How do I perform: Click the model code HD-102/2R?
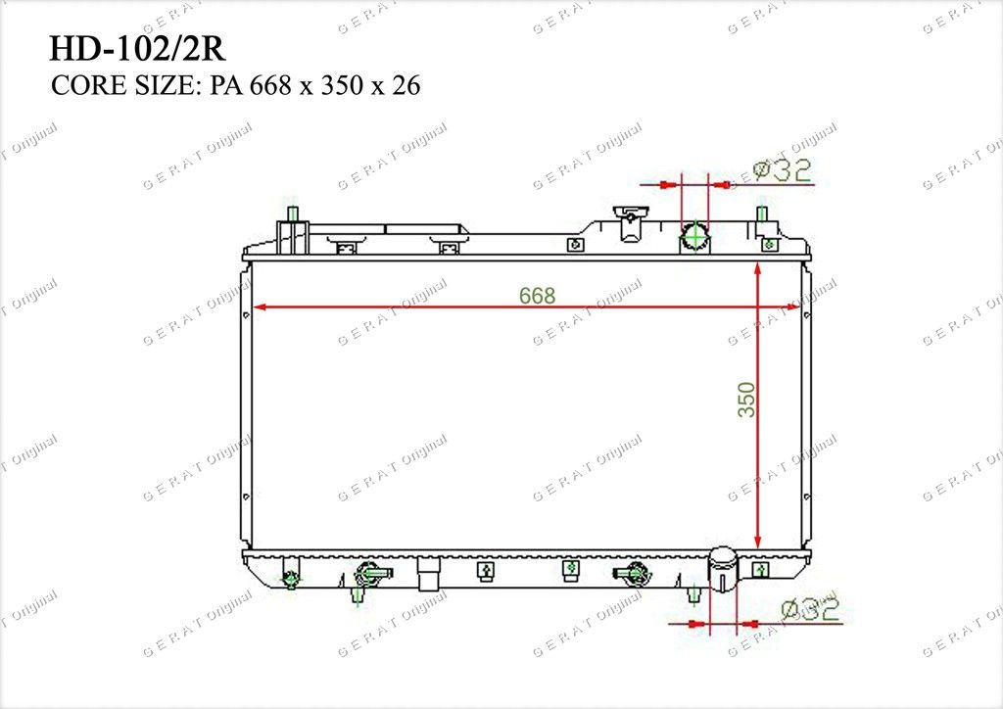point(137,49)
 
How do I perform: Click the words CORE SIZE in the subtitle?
point(122,85)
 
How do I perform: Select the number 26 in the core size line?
point(406,85)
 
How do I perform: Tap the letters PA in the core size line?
point(225,85)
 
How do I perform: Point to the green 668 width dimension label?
point(538,296)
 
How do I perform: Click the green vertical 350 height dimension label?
point(746,400)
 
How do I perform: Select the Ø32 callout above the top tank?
point(782,170)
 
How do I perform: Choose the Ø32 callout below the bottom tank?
point(810,609)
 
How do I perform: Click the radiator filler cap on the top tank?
point(630,223)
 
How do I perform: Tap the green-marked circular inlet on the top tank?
point(694,238)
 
